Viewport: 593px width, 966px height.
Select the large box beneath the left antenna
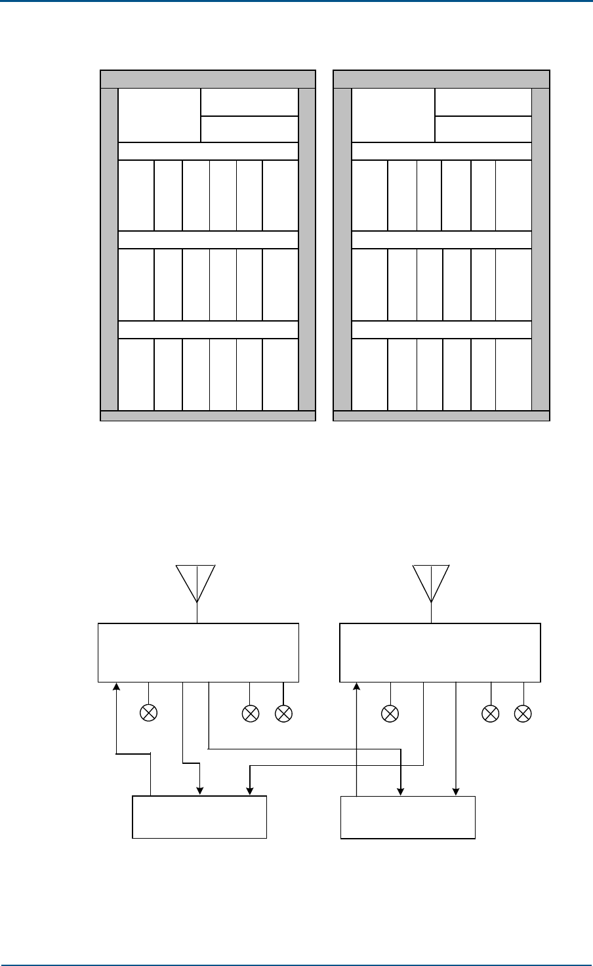[198, 653]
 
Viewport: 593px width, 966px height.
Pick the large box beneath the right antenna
[440, 653]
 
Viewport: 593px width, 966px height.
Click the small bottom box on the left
[199, 817]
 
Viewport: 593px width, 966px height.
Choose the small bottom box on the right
[407, 817]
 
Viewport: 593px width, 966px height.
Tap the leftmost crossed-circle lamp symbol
[149, 713]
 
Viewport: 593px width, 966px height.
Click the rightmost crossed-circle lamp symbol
[523, 713]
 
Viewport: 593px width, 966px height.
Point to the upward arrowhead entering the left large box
[116, 686]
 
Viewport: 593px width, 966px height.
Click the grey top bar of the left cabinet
[207, 79]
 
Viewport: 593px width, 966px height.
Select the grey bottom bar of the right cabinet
[441, 415]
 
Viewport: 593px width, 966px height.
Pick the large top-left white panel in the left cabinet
[159, 115]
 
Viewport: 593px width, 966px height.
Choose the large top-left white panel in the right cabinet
[393, 115]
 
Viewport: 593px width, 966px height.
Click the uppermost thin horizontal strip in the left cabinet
[208, 150]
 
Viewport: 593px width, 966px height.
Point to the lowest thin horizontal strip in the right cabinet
[441, 329]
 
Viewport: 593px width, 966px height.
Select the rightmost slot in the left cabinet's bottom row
[280, 374]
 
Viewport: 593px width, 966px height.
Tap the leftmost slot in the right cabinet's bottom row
[369, 374]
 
